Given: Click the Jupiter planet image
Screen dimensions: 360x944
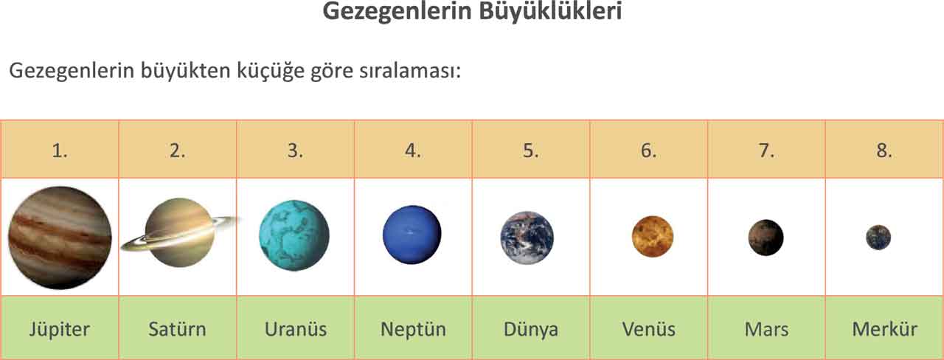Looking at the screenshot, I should pos(60,238).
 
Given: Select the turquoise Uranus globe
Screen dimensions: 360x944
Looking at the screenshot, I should pos(294,236).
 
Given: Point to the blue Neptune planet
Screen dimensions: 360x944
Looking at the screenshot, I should pos(412,235).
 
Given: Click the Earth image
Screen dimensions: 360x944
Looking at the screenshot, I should pos(527,238).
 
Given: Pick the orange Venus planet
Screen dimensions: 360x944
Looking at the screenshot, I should pos(653,237).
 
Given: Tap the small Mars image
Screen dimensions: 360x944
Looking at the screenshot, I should pos(766,238).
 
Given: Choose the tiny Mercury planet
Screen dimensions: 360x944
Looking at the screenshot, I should pos(878,238).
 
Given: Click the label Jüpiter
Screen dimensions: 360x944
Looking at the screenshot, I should pos(60,329).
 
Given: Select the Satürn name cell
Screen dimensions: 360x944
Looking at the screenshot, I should pos(177,329).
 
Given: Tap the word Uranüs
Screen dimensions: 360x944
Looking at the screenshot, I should pos(295,329).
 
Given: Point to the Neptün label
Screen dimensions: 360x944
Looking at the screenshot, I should pos(413,329).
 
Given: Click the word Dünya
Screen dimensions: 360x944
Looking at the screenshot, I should pos(530,329).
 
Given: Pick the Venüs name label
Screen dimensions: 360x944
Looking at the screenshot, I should pos(648,329).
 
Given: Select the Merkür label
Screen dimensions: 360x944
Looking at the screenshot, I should pos(884,329).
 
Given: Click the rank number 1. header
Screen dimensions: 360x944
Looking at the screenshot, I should pos(60,150).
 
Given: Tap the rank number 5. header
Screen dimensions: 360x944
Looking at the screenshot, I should pos(531,150).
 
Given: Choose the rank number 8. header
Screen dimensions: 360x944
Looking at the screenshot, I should pos(884,150).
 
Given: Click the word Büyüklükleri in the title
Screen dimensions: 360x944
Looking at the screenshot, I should pos(543,13).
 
